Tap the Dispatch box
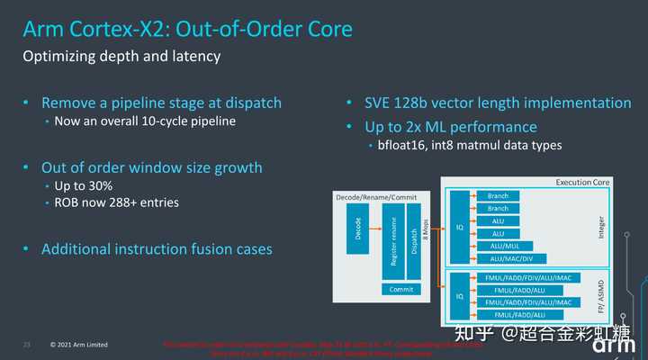[x=414, y=238]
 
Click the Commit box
[x=401, y=289]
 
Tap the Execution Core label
[x=582, y=182]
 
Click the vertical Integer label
[x=600, y=226]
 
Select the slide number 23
[x=26, y=344]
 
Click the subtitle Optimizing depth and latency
[x=121, y=58]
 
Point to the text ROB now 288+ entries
[x=117, y=202]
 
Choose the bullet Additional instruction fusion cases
[x=157, y=248]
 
